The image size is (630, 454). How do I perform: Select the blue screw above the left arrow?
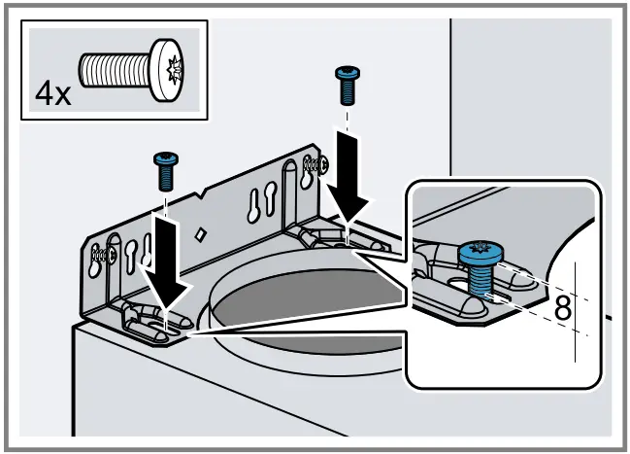tap(164, 172)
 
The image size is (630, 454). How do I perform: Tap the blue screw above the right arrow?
tap(346, 85)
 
